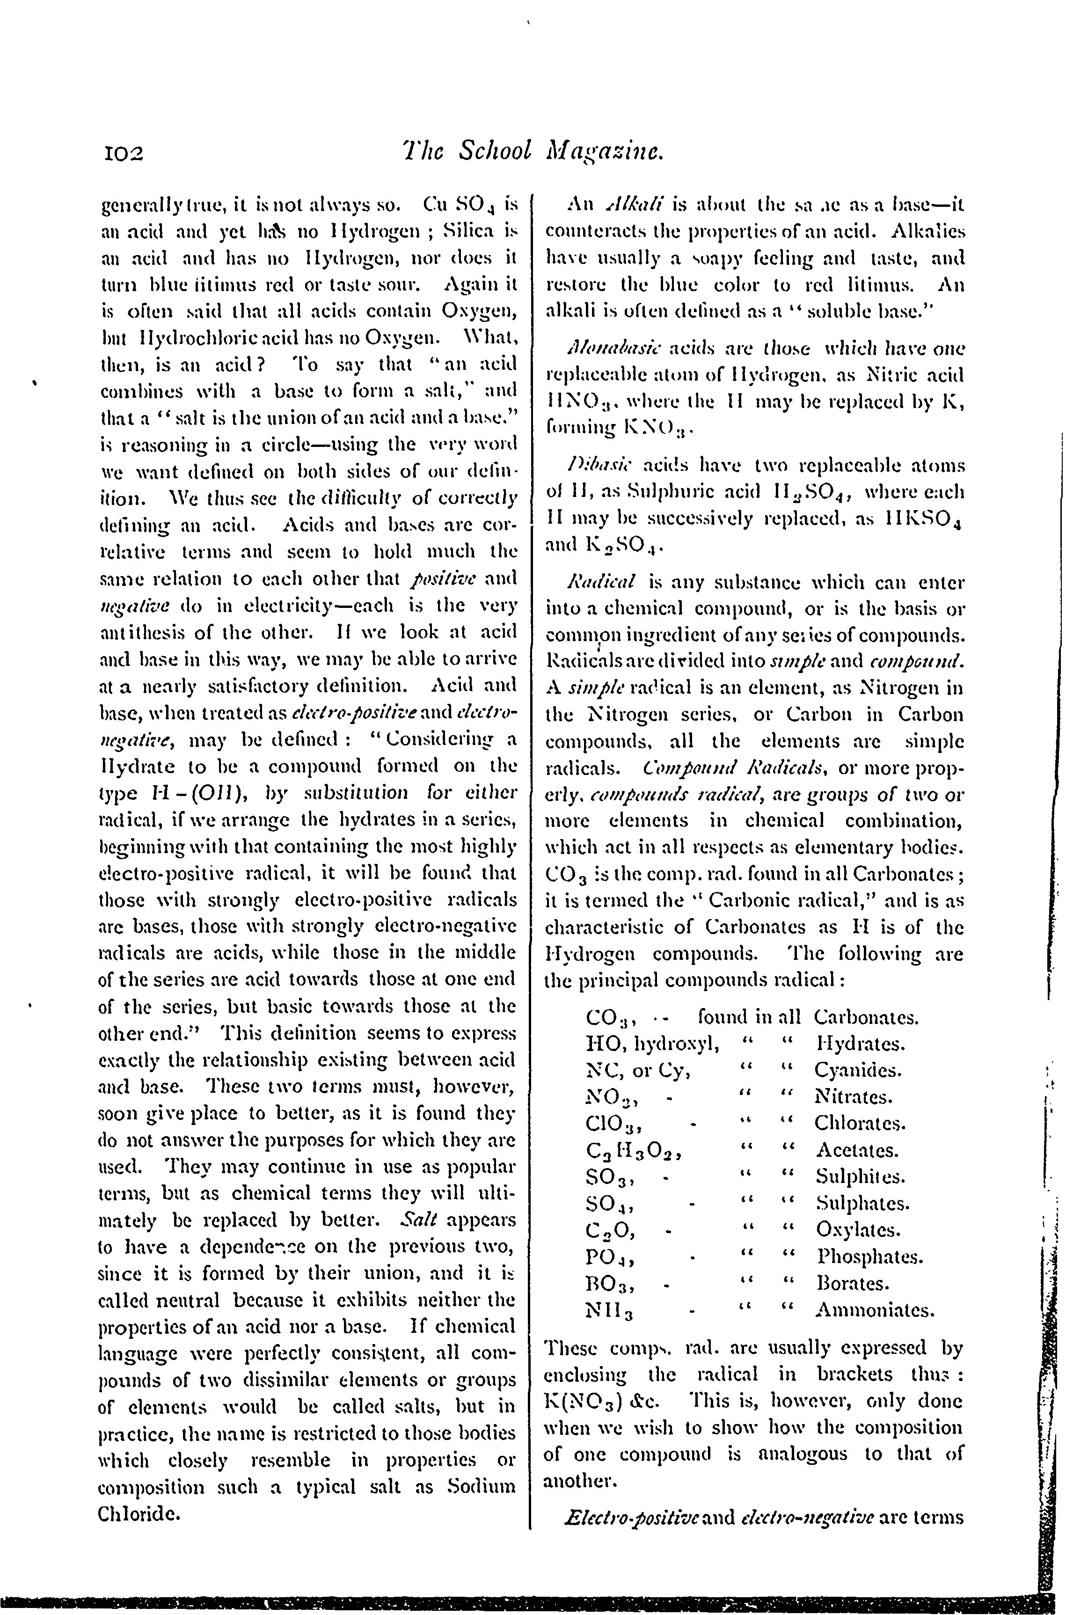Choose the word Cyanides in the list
(858, 1071)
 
